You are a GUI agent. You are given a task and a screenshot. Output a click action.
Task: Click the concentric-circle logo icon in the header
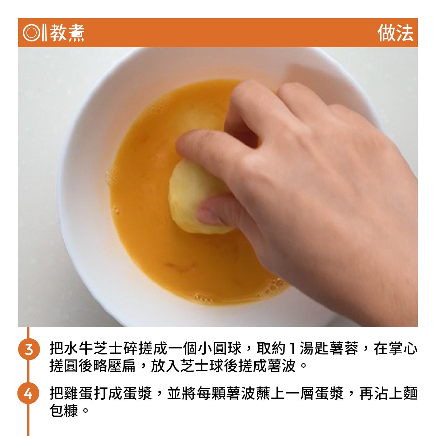tap(32, 33)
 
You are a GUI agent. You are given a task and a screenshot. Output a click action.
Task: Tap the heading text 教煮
tap(67, 33)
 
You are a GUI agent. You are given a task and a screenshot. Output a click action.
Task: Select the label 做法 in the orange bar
tap(395, 33)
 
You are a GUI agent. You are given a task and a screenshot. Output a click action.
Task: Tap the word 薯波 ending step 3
tap(282, 366)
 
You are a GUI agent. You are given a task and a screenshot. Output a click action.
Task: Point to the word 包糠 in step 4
tap(64, 411)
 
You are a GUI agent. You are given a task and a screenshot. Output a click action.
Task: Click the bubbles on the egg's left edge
tap(112, 179)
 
